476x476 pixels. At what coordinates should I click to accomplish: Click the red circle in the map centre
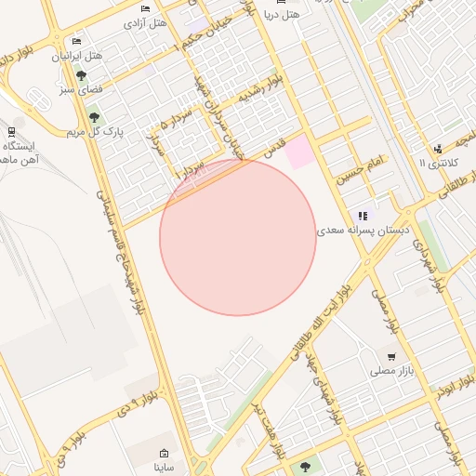coord(238,238)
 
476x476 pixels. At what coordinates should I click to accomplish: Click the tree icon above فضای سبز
coord(81,75)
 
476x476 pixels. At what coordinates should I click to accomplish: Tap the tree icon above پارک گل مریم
coord(93,117)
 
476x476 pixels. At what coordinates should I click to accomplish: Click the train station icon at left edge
coord(11,132)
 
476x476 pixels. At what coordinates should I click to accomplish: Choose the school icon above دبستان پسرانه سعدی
coord(363,216)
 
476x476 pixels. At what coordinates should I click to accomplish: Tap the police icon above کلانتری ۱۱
coord(437,148)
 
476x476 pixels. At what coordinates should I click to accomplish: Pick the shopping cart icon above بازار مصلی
coord(391,356)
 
